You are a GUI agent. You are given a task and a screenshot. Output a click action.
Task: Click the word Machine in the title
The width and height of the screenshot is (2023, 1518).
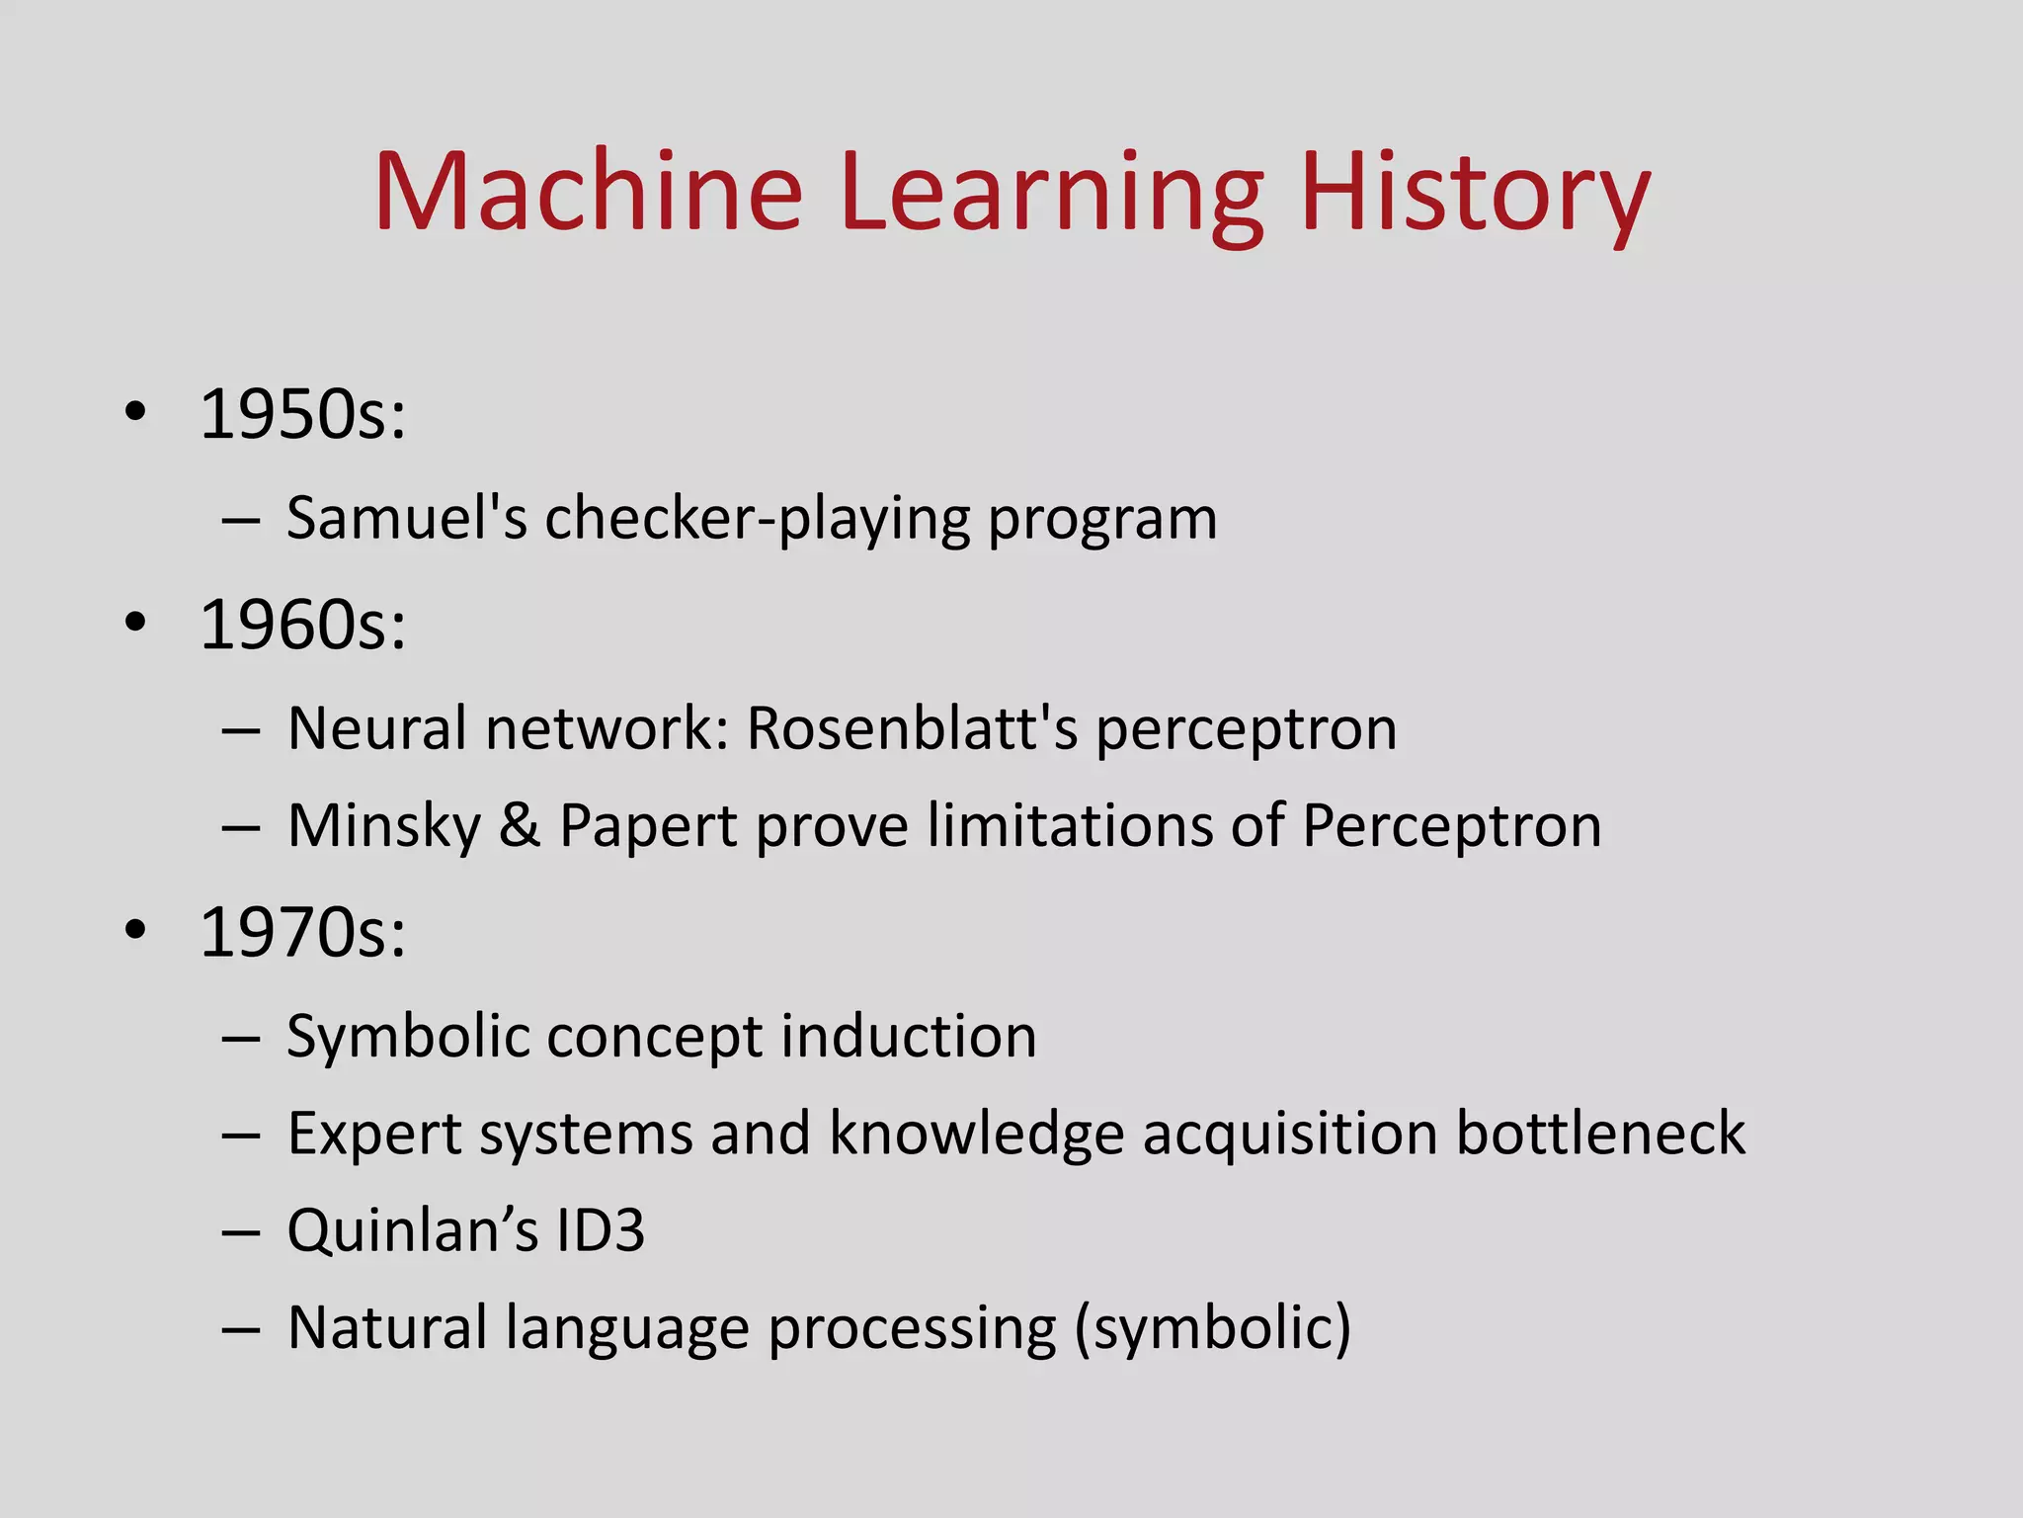click(589, 192)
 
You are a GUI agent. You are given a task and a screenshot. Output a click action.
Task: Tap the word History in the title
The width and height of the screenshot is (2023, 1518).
click(1475, 192)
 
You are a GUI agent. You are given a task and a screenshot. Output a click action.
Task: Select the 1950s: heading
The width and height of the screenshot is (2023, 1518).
click(302, 415)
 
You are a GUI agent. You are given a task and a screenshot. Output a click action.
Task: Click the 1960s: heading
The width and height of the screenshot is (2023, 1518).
click(302, 626)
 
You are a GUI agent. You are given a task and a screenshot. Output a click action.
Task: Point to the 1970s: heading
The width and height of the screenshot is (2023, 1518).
click(302, 932)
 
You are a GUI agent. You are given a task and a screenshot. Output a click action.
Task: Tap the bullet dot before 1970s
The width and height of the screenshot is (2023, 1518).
click(136, 929)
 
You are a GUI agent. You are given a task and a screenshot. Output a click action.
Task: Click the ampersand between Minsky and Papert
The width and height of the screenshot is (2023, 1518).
click(520, 825)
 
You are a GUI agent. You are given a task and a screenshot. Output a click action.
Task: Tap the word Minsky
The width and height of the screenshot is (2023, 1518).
click(384, 827)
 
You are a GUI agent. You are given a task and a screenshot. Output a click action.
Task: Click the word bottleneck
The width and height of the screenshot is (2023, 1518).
click(1600, 1133)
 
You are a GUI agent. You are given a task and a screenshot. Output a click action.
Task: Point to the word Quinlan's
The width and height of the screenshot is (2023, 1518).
click(412, 1231)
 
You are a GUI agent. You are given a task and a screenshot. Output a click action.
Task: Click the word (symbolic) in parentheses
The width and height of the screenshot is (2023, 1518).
click(1212, 1329)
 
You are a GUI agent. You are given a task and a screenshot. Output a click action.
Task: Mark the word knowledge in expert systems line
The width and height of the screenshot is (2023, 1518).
click(976, 1135)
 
